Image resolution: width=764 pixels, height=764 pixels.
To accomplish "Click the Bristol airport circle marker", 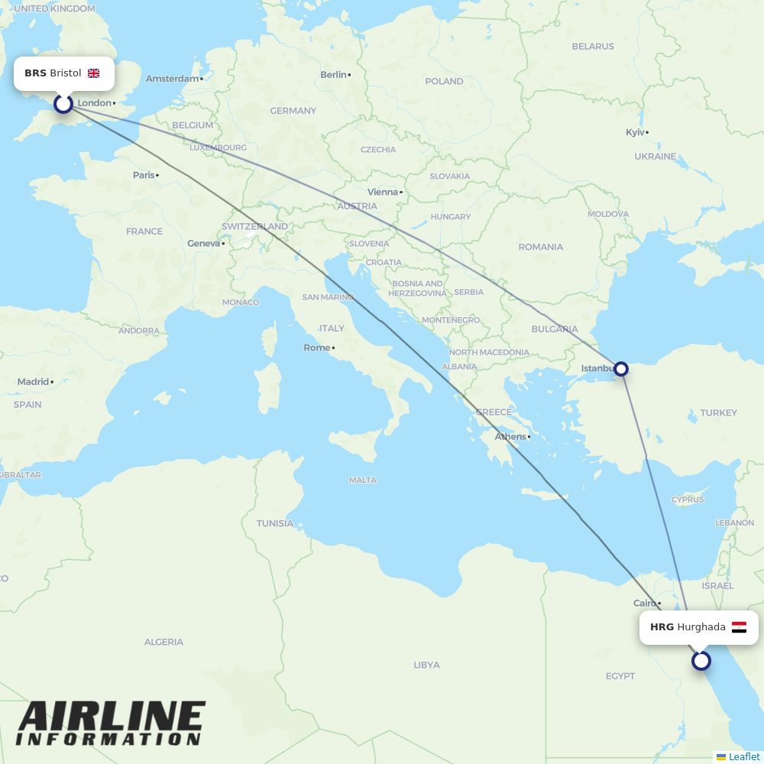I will [63, 103].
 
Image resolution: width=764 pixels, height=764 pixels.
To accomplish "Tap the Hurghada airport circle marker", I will [701, 661].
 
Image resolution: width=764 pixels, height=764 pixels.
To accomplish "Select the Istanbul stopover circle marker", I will [622, 369].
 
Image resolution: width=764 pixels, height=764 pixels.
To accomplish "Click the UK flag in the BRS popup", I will [94, 73].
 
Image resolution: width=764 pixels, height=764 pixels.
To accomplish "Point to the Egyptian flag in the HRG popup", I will [739, 627].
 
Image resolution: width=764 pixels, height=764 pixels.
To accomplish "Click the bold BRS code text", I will [35, 73].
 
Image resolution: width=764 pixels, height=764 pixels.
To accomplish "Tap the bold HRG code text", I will [662, 627].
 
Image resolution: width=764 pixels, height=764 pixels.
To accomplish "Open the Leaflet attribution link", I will [743, 756].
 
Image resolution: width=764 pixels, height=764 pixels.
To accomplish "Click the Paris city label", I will [144, 175].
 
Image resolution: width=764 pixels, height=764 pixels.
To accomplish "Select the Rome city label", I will [317, 348].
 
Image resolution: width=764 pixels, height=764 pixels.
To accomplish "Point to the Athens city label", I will [510, 437].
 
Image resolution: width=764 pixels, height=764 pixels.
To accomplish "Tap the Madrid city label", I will [33, 381].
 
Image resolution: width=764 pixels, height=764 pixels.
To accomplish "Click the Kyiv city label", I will [635, 132].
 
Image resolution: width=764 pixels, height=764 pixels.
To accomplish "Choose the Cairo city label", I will [645, 603].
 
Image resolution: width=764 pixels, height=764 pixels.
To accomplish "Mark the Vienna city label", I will [383, 192].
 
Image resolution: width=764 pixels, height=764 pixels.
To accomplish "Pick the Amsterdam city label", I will [172, 79].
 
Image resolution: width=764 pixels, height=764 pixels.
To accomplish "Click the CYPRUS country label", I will [688, 500].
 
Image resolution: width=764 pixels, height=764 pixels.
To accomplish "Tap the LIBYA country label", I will [426, 665].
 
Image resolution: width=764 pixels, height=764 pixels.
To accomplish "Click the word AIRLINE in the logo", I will [112, 717].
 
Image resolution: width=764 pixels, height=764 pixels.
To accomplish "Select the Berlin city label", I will [333, 74].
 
